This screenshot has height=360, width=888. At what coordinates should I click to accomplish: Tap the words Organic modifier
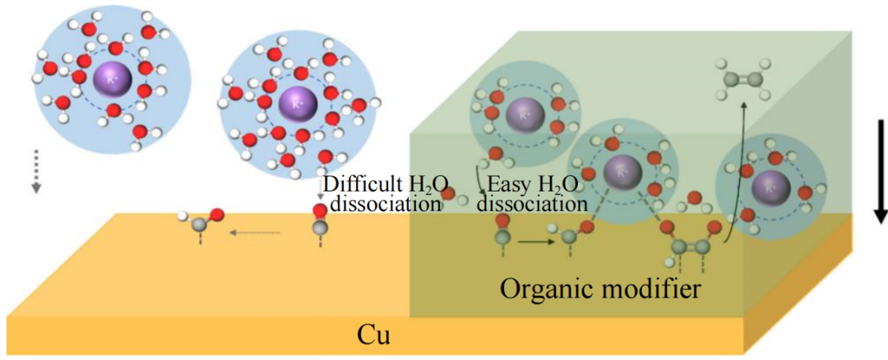(x=599, y=288)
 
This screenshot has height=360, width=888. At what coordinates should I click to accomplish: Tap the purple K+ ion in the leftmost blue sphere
(x=112, y=79)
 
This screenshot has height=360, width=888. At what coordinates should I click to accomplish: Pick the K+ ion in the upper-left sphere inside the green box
(x=523, y=114)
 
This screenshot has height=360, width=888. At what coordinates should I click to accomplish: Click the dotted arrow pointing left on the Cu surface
(x=257, y=233)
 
